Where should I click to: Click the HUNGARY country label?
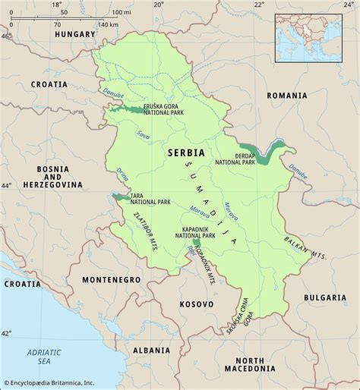coord(74,34)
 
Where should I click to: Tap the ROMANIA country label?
coord(286,96)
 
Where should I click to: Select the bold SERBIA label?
coord(186,153)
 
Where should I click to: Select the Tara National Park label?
coord(151,198)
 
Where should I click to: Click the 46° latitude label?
coord(7,36)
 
